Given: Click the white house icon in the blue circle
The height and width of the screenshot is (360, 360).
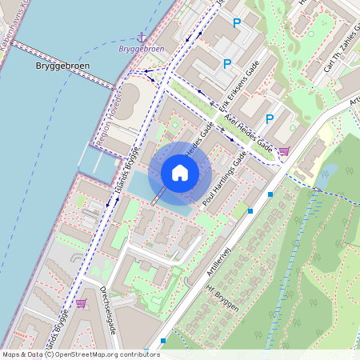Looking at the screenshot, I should coord(180,173).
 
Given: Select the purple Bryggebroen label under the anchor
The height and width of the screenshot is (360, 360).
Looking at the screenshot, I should coord(141,50).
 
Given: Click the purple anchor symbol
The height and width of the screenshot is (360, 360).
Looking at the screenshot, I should coord(142,37).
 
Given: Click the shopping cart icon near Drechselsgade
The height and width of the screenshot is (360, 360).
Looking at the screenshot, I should coord(81,303).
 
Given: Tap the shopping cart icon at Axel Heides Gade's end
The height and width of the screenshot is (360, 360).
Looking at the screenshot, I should coord(283,150).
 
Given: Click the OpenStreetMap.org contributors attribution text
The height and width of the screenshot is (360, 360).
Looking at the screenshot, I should coord(107,354).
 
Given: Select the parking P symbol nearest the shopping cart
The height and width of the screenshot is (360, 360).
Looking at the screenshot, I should coord(270,119).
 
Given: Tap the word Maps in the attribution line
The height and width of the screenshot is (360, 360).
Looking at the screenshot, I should coord(12,354).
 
